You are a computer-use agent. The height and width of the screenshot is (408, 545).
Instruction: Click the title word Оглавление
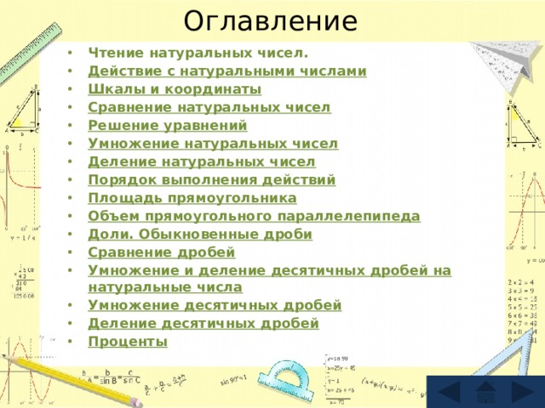click(272, 20)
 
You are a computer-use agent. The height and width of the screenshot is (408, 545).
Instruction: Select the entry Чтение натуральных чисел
click(192, 53)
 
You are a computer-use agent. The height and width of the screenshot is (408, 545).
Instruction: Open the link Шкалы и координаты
click(175, 89)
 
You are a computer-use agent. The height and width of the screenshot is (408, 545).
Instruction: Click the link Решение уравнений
click(167, 126)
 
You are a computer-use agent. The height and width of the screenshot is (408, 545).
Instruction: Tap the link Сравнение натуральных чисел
click(209, 108)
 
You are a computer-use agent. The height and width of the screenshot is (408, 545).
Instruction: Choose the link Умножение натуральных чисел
click(212, 144)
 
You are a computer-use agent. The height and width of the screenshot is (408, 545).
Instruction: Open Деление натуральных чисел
click(201, 161)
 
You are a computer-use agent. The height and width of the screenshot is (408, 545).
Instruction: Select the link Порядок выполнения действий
click(211, 180)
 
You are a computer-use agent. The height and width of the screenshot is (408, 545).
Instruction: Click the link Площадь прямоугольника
click(192, 198)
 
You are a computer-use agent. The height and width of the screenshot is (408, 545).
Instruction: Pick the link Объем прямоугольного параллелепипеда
click(253, 216)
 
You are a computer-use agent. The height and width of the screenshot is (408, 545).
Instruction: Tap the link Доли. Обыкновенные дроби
click(200, 234)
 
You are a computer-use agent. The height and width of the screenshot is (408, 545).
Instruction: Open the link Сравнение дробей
click(162, 252)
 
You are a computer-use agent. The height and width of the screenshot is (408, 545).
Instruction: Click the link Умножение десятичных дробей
click(215, 304)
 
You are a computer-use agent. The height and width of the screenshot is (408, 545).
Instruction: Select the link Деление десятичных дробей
click(204, 323)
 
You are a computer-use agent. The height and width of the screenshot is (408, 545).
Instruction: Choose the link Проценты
click(127, 341)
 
